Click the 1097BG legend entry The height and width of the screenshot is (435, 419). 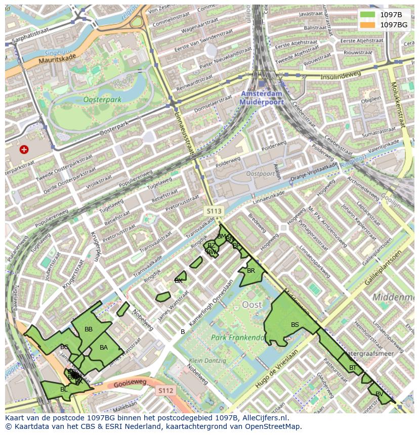pyautogui.click(x=394, y=25)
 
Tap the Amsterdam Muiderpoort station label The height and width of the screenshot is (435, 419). pyautogui.click(x=262, y=98)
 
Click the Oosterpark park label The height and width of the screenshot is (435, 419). pyautogui.click(x=103, y=100)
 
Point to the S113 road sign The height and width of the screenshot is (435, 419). pyautogui.click(x=214, y=210)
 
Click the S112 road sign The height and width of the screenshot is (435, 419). pyautogui.click(x=165, y=391)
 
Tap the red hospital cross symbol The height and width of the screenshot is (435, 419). pyautogui.click(x=24, y=150)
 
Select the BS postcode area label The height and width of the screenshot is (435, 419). pyautogui.click(x=295, y=325)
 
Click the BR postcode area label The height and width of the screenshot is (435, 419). pyautogui.click(x=251, y=271)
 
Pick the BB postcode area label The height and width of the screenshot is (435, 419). pyautogui.click(x=89, y=329)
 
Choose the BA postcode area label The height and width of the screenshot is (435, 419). pyautogui.click(x=104, y=348)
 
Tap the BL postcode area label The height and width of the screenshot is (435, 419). pyautogui.click(x=64, y=390)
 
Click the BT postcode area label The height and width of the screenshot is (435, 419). pyautogui.click(x=353, y=368)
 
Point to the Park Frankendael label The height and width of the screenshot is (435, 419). pyautogui.click(x=238, y=337)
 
